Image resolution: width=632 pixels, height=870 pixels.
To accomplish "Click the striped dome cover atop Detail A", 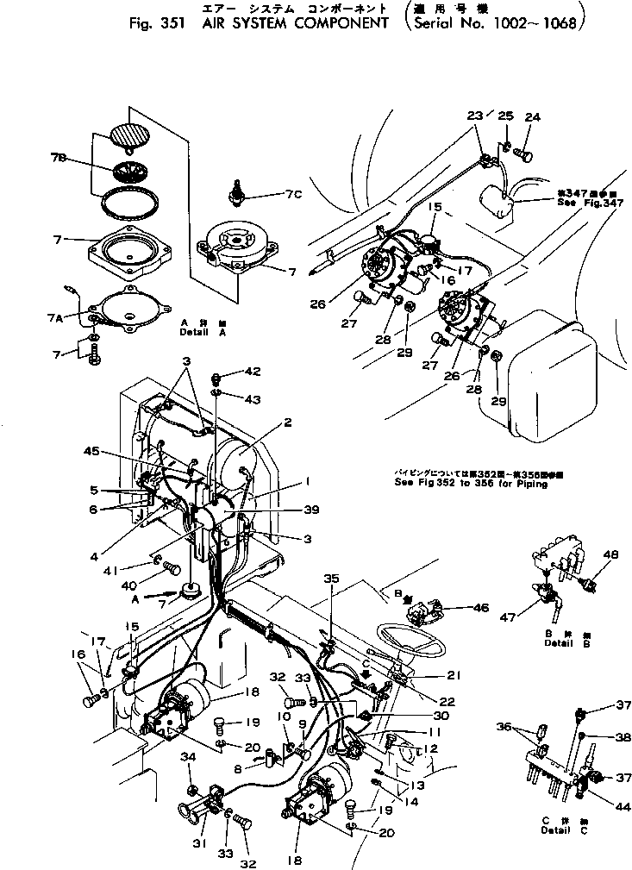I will (128, 135).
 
